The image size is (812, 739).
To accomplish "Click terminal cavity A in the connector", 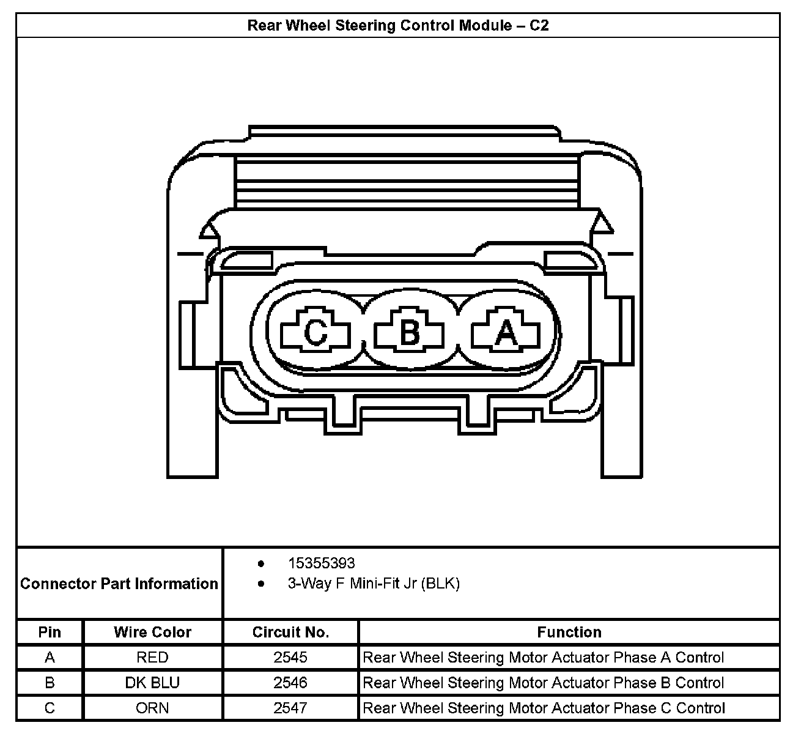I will pyautogui.click(x=506, y=334).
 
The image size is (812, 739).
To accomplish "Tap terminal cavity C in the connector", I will pyautogui.click(x=316, y=334).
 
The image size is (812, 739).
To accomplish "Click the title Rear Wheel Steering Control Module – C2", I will pyautogui.click(x=398, y=26).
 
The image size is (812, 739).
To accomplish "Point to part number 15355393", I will pyautogui.click(x=321, y=563).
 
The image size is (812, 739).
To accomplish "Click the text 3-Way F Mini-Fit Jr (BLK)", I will pyautogui.click(x=374, y=584).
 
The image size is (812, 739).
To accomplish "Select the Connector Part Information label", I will pyautogui.click(x=119, y=584).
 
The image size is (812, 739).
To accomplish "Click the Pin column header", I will pyautogui.click(x=50, y=632).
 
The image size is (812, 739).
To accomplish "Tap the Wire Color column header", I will pyautogui.click(x=152, y=632).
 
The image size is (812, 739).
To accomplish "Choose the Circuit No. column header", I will pyautogui.click(x=290, y=632).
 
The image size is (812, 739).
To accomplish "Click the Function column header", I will pyautogui.click(x=569, y=632).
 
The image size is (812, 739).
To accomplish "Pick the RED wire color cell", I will pyautogui.click(x=152, y=658).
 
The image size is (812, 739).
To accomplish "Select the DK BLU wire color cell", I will pyautogui.click(x=152, y=683).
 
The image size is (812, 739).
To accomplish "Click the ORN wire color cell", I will pyautogui.click(x=152, y=708).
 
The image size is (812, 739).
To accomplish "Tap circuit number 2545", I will pyautogui.click(x=290, y=658).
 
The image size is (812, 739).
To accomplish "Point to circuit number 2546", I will pyautogui.click(x=290, y=683).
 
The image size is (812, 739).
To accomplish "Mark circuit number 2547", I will pyautogui.click(x=290, y=708).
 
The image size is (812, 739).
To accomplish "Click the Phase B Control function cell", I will pyautogui.click(x=544, y=683).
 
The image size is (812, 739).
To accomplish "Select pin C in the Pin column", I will pyautogui.click(x=50, y=708).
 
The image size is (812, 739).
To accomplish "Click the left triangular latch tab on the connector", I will pyautogui.click(x=208, y=230).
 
